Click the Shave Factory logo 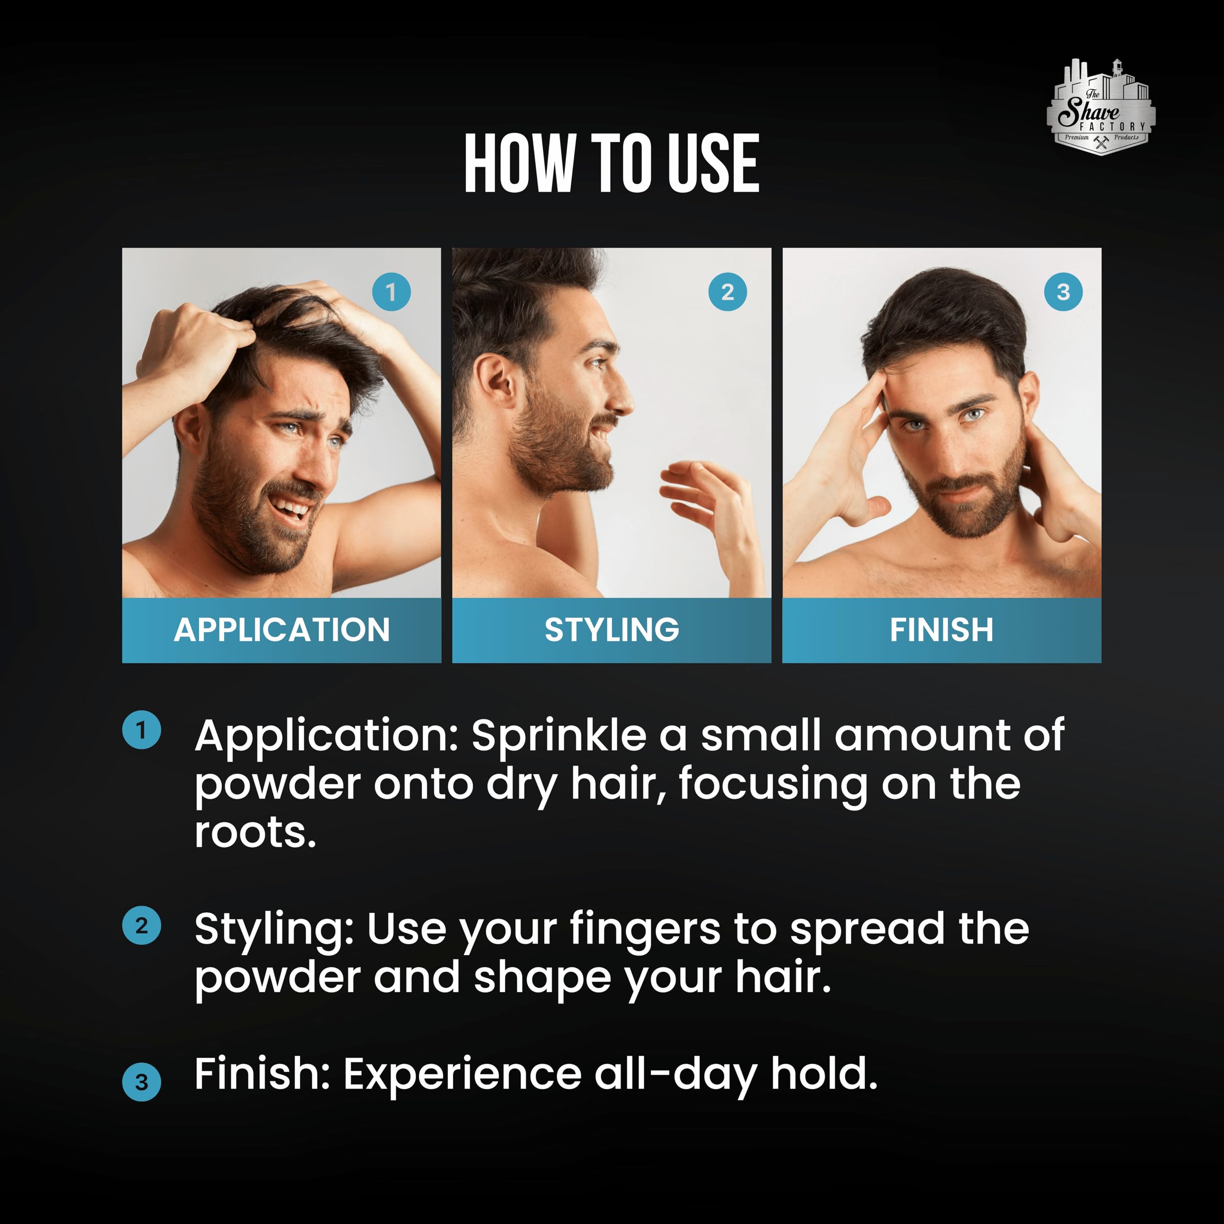click(1101, 107)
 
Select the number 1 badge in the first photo click(391, 292)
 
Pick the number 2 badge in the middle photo click(727, 292)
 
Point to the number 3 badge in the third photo click(1063, 292)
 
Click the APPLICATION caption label click(282, 630)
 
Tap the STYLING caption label click(612, 630)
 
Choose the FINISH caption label click(941, 630)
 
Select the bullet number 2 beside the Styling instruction click(141, 926)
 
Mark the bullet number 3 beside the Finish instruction click(141, 1082)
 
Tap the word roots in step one click(255, 833)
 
